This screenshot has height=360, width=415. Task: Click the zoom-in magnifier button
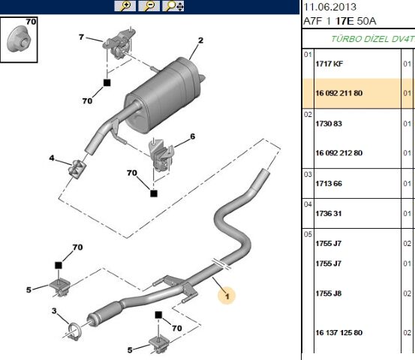(x=125, y=6)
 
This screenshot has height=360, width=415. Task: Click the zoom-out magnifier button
(x=149, y=6)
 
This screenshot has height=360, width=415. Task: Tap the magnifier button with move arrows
(x=173, y=6)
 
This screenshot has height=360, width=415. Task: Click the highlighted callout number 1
(x=227, y=295)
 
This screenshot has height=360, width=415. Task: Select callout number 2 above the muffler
(x=200, y=40)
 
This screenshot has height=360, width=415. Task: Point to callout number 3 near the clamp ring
(x=54, y=310)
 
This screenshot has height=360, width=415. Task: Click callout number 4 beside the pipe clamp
(x=52, y=158)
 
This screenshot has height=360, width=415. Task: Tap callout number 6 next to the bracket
(x=192, y=136)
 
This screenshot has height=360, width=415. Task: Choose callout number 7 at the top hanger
(x=81, y=37)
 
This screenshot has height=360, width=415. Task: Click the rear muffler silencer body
(x=163, y=95)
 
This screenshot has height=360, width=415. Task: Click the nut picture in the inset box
(x=20, y=39)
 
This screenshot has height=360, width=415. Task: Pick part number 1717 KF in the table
(x=329, y=64)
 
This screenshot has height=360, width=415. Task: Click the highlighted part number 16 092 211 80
(x=338, y=93)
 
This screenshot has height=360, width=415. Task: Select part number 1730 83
(x=329, y=124)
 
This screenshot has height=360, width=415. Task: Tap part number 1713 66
(x=329, y=183)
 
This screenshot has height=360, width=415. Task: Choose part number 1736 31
(x=328, y=213)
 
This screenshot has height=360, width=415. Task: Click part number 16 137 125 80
(x=338, y=332)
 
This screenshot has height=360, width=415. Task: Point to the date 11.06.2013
(x=329, y=7)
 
